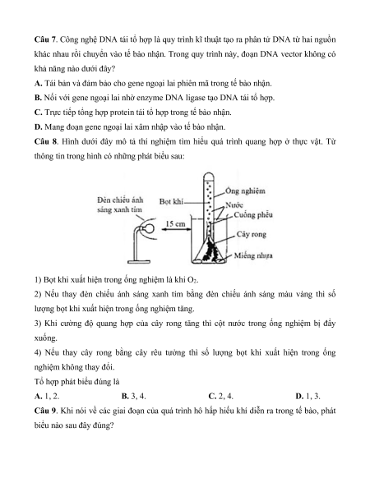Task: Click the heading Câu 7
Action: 45,39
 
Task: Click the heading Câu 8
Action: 45,141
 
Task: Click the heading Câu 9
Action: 45,411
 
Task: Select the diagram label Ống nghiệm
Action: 245,191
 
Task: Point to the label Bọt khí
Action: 171,201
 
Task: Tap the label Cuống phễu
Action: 253,215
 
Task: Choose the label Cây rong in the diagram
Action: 252,234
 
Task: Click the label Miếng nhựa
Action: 253,255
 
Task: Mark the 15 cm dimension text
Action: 175,224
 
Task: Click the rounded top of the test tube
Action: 209,175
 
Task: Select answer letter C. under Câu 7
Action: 38,113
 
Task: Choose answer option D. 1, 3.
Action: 308,396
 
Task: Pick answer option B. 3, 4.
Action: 134,396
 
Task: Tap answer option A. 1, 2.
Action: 47,396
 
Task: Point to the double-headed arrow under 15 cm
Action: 175,229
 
